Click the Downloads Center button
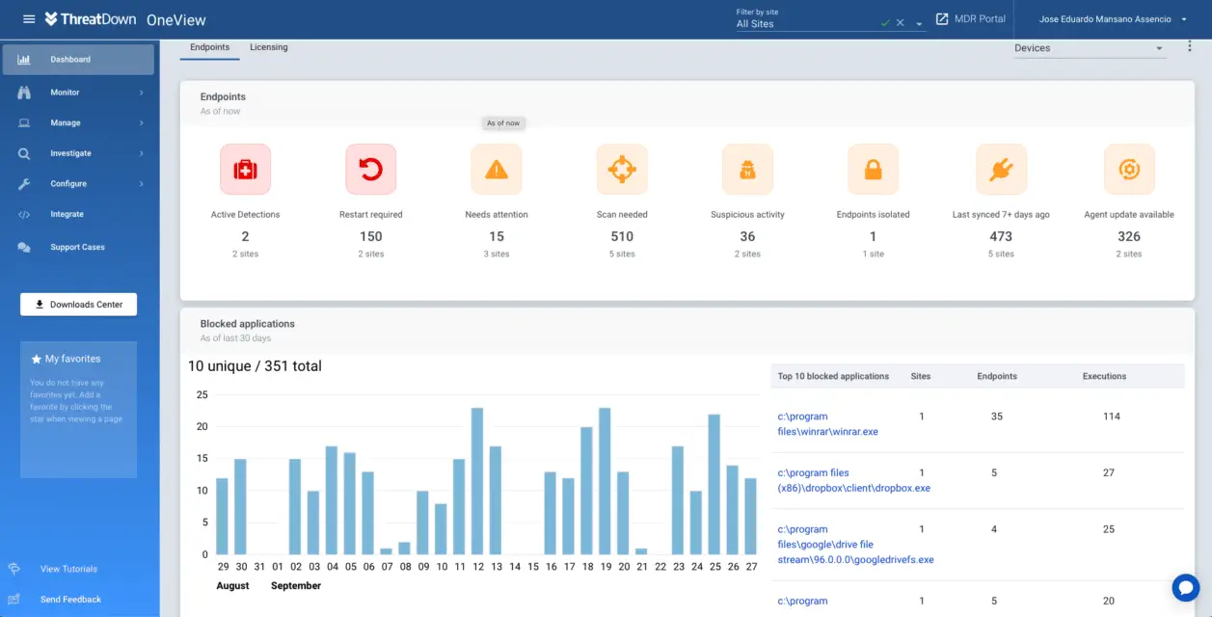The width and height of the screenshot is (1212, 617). click(78, 305)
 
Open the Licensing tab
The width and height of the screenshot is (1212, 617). click(268, 47)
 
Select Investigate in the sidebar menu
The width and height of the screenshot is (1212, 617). click(70, 153)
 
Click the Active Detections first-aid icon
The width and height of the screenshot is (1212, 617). click(245, 170)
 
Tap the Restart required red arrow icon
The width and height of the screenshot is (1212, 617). click(370, 170)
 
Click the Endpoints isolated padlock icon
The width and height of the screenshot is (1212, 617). click(873, 170)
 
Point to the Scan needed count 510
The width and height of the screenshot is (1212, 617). click(622, 236)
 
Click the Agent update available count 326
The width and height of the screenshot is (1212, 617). click(1128, 236)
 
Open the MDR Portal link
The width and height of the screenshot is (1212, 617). click(971, 19)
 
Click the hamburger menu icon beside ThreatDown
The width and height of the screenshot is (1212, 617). click(29, 19)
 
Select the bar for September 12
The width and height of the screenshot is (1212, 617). click(476, 480)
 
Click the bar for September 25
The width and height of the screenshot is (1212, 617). click(714, 484)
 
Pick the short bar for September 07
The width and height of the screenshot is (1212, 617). click(386, 550)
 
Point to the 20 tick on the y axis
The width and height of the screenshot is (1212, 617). click(202, 426)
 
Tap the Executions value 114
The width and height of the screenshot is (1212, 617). click(1111, 416)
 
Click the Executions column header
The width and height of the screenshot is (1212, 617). click(1104, 376)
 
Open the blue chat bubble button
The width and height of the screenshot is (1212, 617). click(1185, 587)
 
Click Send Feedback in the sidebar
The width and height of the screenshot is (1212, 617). click(70, 600)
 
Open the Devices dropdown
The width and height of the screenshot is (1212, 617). click(1089, 48)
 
